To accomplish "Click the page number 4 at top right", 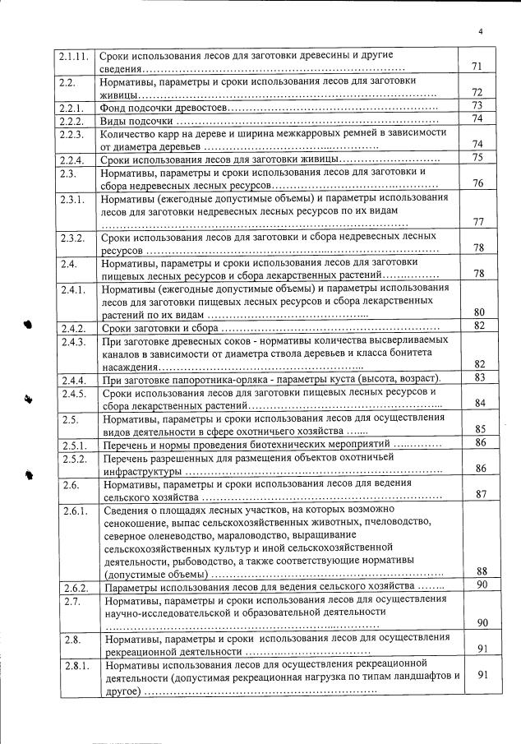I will tap(482, 32).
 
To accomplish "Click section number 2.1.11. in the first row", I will tap(74, 56).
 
